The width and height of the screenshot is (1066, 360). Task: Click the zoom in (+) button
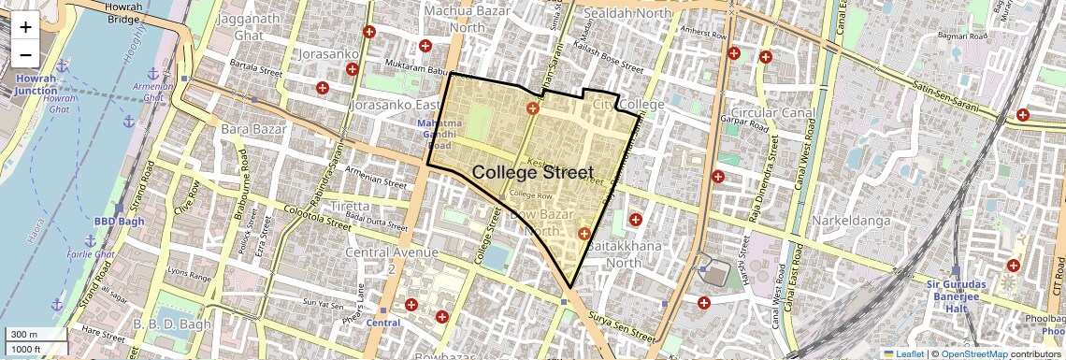pyautogui.click(x=25, y=27)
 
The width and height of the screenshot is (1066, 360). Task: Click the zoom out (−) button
pyautogui.click(x=25, y=55)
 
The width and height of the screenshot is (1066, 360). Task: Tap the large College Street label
pyautogui.click(x=532, y=172)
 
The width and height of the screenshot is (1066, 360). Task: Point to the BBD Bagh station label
pyautogui.click(x=116, y=222)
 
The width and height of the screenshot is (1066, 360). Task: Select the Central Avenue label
pyautogui.click(x=392, y=252)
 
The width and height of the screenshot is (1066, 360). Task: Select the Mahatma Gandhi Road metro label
pyautogui.click(x=439, y=135)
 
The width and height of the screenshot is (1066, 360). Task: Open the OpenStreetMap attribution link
pyautogui.click(x=973, y=353)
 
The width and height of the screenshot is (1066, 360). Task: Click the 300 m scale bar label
pyautogui.click(x=24, y=335)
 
